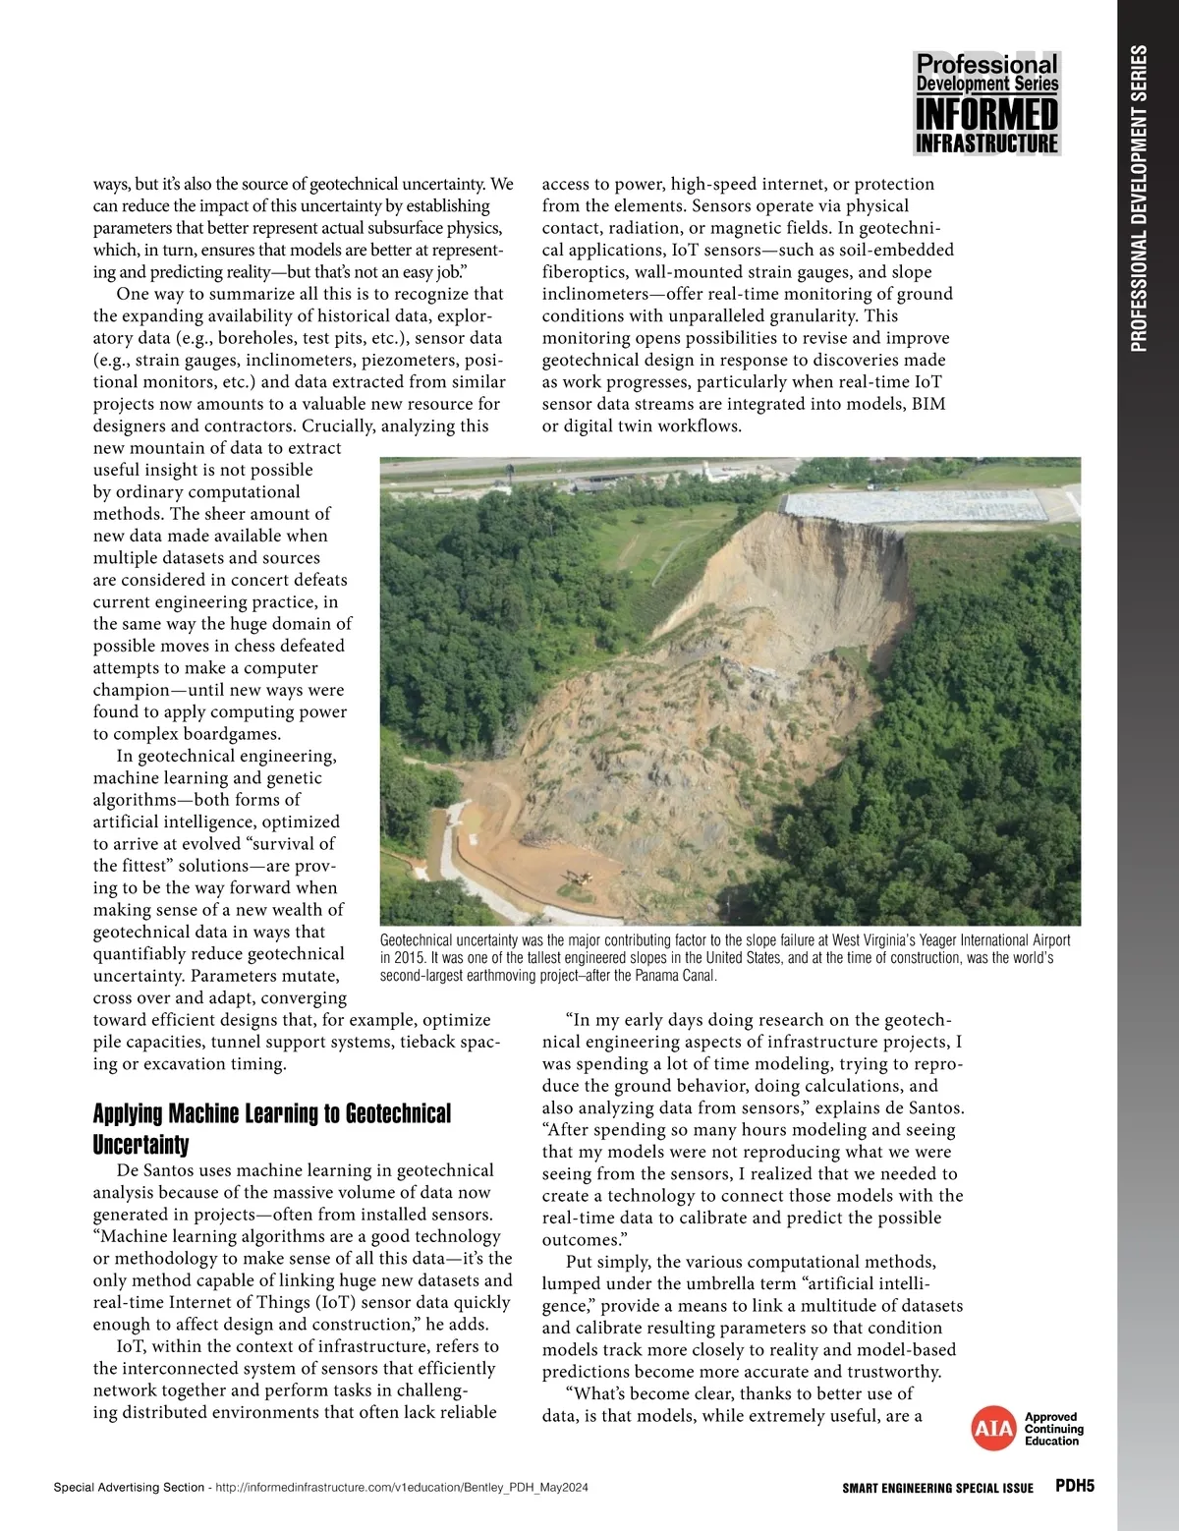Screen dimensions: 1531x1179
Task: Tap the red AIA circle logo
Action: tap(992, 1430)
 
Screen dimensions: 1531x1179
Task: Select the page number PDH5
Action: tap(1074, 1486)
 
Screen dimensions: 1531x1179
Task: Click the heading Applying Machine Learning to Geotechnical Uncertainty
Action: tap(272, 1128)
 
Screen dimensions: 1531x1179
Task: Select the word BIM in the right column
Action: tap(927, 404)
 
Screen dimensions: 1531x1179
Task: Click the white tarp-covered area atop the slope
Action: tap(914, 506)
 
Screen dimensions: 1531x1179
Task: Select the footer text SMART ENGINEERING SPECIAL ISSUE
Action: tap(937, 1488)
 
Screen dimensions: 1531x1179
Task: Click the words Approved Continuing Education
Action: tap(1053, 1430)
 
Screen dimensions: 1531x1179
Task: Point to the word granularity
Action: tap(811, 316)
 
